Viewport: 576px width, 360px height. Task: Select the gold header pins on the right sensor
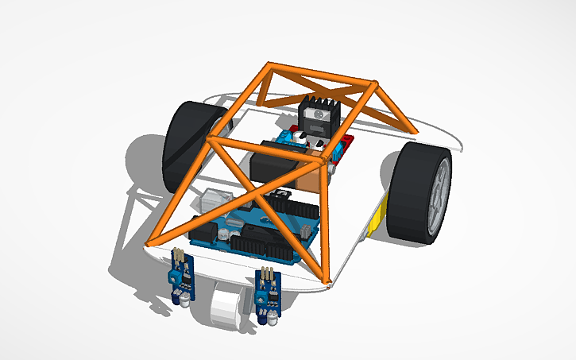[x=269, y=274]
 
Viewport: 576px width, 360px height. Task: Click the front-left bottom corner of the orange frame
[x=149, y=242]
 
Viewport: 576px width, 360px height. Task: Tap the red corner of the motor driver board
[x=343, y=148]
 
